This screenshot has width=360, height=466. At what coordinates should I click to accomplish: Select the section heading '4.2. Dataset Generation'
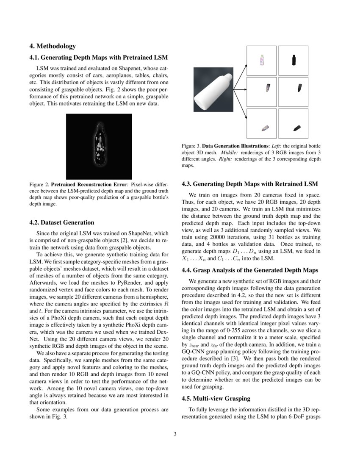(62, 222)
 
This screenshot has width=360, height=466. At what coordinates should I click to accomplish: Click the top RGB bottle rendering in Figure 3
(262, 61)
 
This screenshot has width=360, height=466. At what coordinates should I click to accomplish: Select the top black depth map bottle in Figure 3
(294, 60)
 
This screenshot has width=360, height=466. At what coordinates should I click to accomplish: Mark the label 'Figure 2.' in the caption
(39, 185)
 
